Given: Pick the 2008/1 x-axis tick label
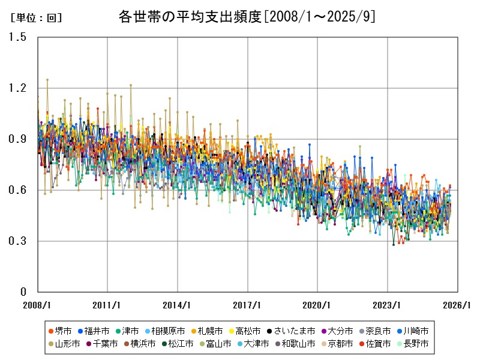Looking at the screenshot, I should pos(38,305).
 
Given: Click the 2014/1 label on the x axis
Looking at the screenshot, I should pos(178,305).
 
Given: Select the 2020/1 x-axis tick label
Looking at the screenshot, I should pos(318,305).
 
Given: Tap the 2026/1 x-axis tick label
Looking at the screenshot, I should pos(458,305).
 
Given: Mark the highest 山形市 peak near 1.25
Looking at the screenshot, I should pos(47,79).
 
